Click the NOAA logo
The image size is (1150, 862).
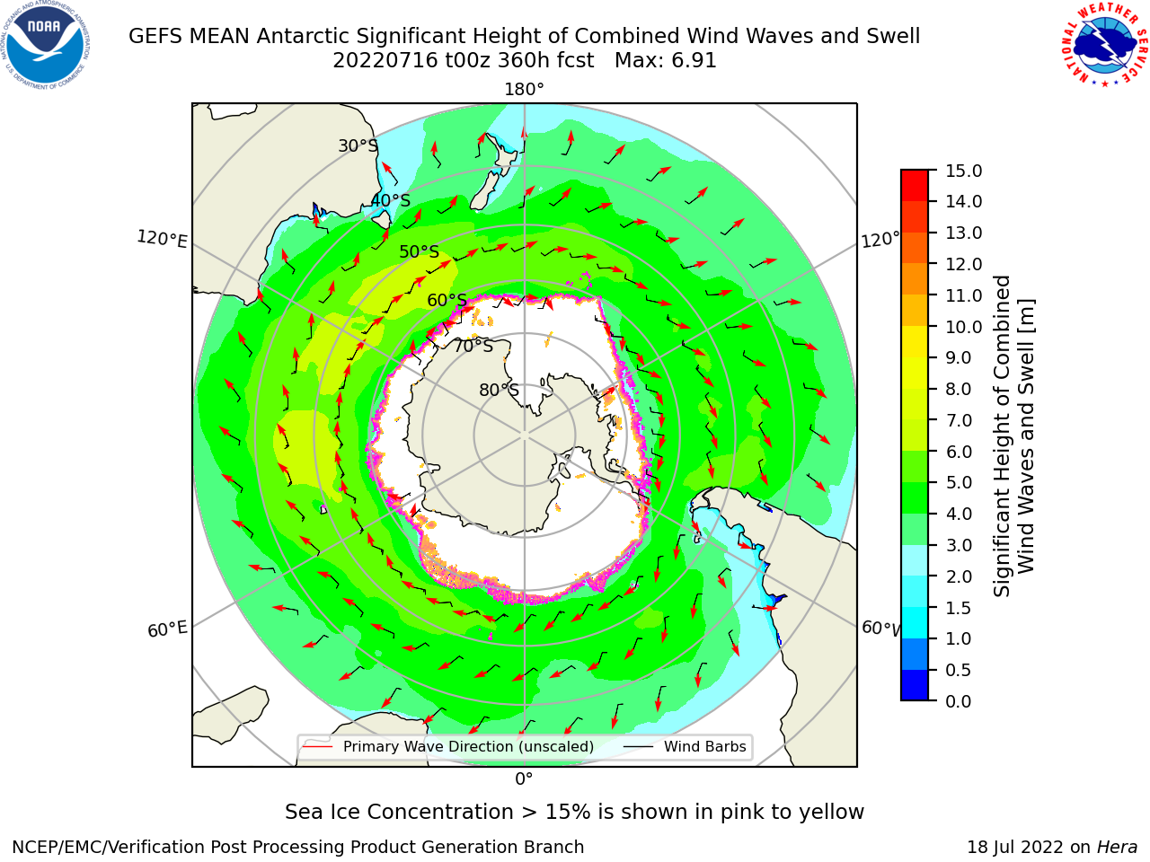coord(46,45)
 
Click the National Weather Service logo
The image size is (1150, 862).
coord(1105,45)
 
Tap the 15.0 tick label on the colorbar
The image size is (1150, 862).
coord(963,171)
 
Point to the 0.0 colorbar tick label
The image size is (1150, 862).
coord(959,701)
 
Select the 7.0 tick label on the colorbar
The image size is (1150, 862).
coord(959,420)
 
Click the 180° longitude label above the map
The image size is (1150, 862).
coord(524,90)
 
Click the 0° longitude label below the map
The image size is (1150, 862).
coord(524,779)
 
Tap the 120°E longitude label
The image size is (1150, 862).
coord(162,239)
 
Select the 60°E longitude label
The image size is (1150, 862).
coord(167,629)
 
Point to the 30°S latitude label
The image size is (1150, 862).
coord(358,145)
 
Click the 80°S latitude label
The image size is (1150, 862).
coord(499,390)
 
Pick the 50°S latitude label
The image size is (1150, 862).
coord(420,251)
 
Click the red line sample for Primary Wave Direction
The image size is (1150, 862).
coord(317,746)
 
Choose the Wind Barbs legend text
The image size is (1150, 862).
coord(704,746)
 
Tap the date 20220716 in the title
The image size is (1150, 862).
coord(385,61)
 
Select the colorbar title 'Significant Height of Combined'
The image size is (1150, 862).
coord(1002,436)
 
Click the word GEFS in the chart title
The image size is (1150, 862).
coord(155,37)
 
